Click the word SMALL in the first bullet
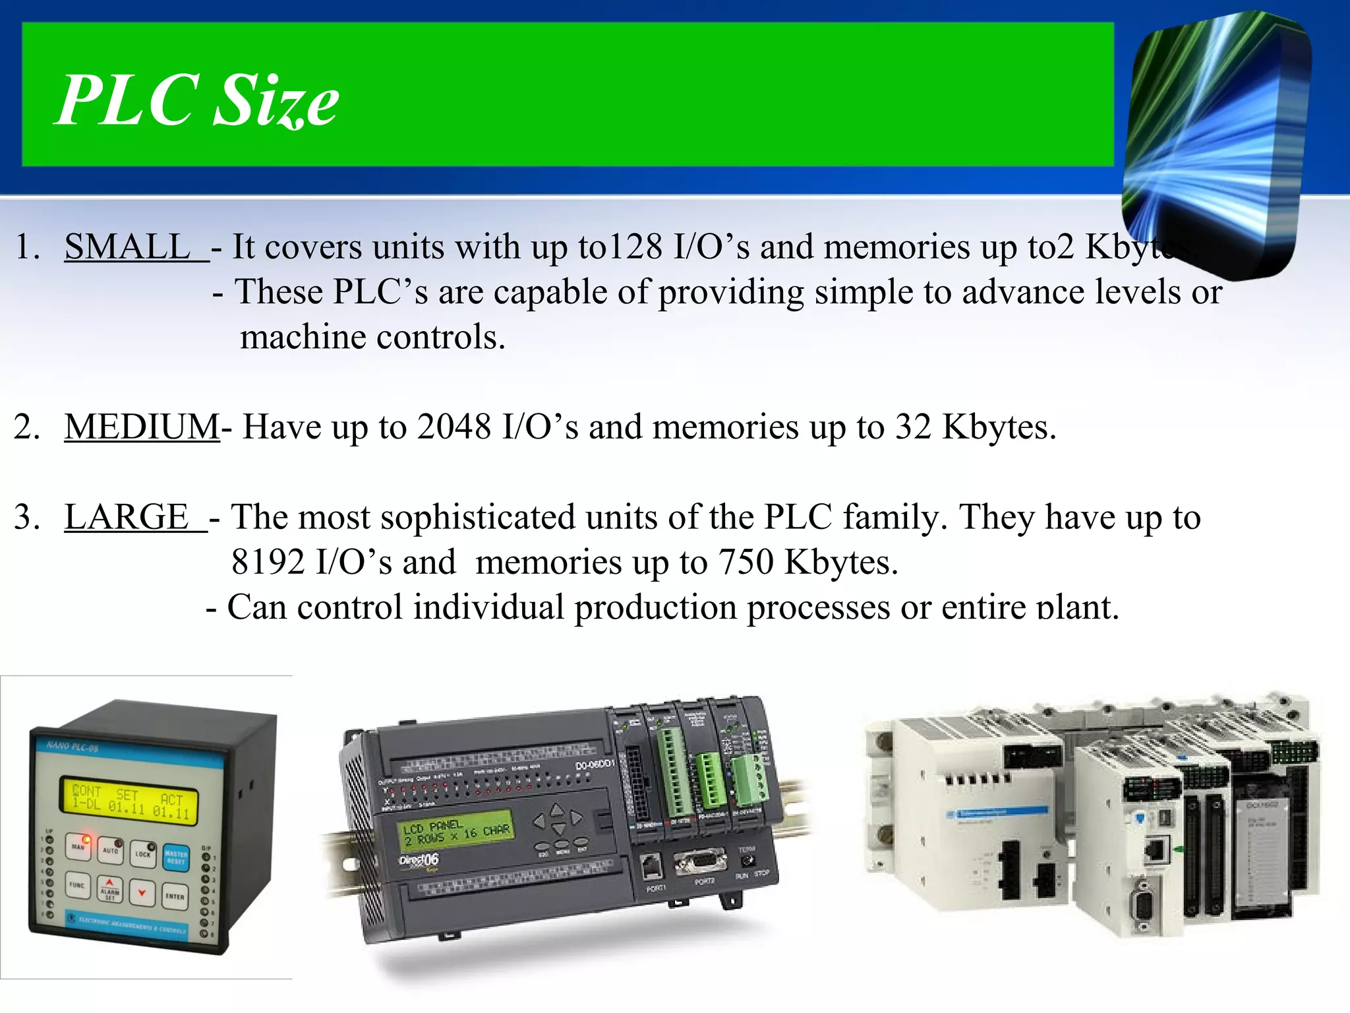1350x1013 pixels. coord(127,247)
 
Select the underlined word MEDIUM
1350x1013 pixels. coord(142,426)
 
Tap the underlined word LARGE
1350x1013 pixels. coord(127,516)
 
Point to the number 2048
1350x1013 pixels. coord(454,426)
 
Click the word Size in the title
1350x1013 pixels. coord(276,100)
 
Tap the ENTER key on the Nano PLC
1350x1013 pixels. coord(175,896)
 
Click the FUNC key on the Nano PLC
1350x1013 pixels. coord(78,885)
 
